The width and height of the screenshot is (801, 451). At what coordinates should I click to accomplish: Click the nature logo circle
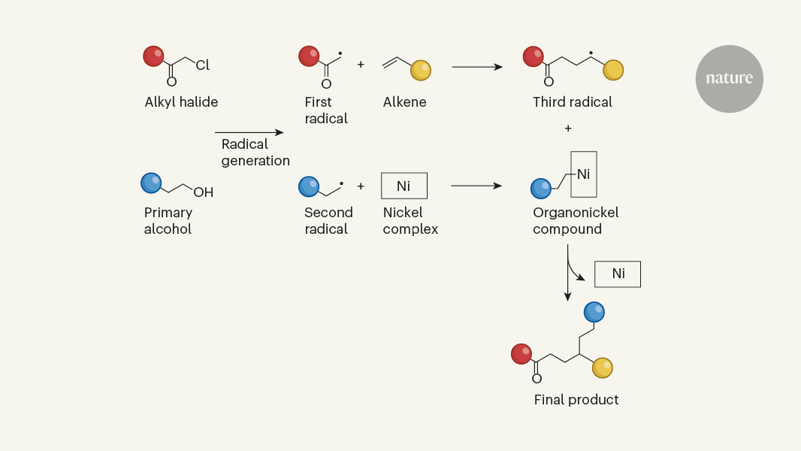click(x=729, y=79)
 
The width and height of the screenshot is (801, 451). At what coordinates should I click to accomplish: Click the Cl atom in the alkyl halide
click(x=203, y=66)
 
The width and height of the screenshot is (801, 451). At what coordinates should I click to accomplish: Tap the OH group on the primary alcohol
click(x=204, y=192)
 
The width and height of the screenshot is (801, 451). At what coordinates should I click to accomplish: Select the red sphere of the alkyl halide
click(x=154, y=56)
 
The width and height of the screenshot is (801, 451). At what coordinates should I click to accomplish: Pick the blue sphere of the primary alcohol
click(x=152, y=183)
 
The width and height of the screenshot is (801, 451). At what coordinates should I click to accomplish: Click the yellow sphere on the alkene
click(x=421, y=71)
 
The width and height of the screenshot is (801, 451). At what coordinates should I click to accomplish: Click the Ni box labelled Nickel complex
click(x=404, y=186)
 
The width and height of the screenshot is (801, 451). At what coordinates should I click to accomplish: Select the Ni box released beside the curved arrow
click(x=618, y=274)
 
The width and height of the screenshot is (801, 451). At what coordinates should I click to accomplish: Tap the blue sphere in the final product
click(x=594, y=311)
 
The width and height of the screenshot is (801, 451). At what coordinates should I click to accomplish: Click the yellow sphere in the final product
click(x=603, y=368)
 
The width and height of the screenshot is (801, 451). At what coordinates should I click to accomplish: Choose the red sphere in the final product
click(x=521, y=354)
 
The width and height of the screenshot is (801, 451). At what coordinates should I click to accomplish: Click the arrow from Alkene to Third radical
click(x=477, y=67)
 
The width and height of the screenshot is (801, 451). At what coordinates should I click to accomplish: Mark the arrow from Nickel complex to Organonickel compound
click(x=476, y=186)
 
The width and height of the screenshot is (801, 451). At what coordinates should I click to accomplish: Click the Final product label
click(x=576, y=400)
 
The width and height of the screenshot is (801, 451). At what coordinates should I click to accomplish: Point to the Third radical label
click(x=573, y=102)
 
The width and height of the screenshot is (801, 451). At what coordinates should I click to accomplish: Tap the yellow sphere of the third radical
click(x=613, y=70)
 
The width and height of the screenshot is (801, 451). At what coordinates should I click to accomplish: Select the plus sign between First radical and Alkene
click(x=361, y=65)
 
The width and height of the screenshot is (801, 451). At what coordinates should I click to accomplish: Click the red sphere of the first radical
click(x=309, y=56)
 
